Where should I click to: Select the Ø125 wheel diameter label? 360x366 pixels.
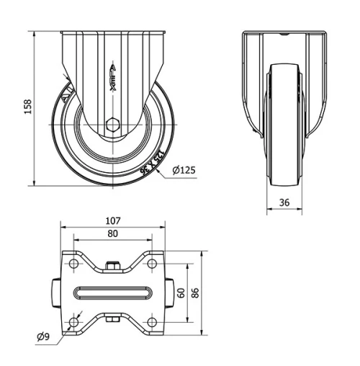184,171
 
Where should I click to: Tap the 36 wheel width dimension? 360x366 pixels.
284,203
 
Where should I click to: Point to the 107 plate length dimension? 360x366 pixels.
112,220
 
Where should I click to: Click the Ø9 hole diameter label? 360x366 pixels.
42,336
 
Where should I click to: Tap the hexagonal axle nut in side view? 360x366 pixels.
112,125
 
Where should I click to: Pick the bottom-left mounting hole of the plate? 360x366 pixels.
73,322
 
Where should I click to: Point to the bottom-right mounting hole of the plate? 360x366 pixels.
150,322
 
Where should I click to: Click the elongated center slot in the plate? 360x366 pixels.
112,293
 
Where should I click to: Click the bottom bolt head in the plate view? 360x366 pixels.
112,319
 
